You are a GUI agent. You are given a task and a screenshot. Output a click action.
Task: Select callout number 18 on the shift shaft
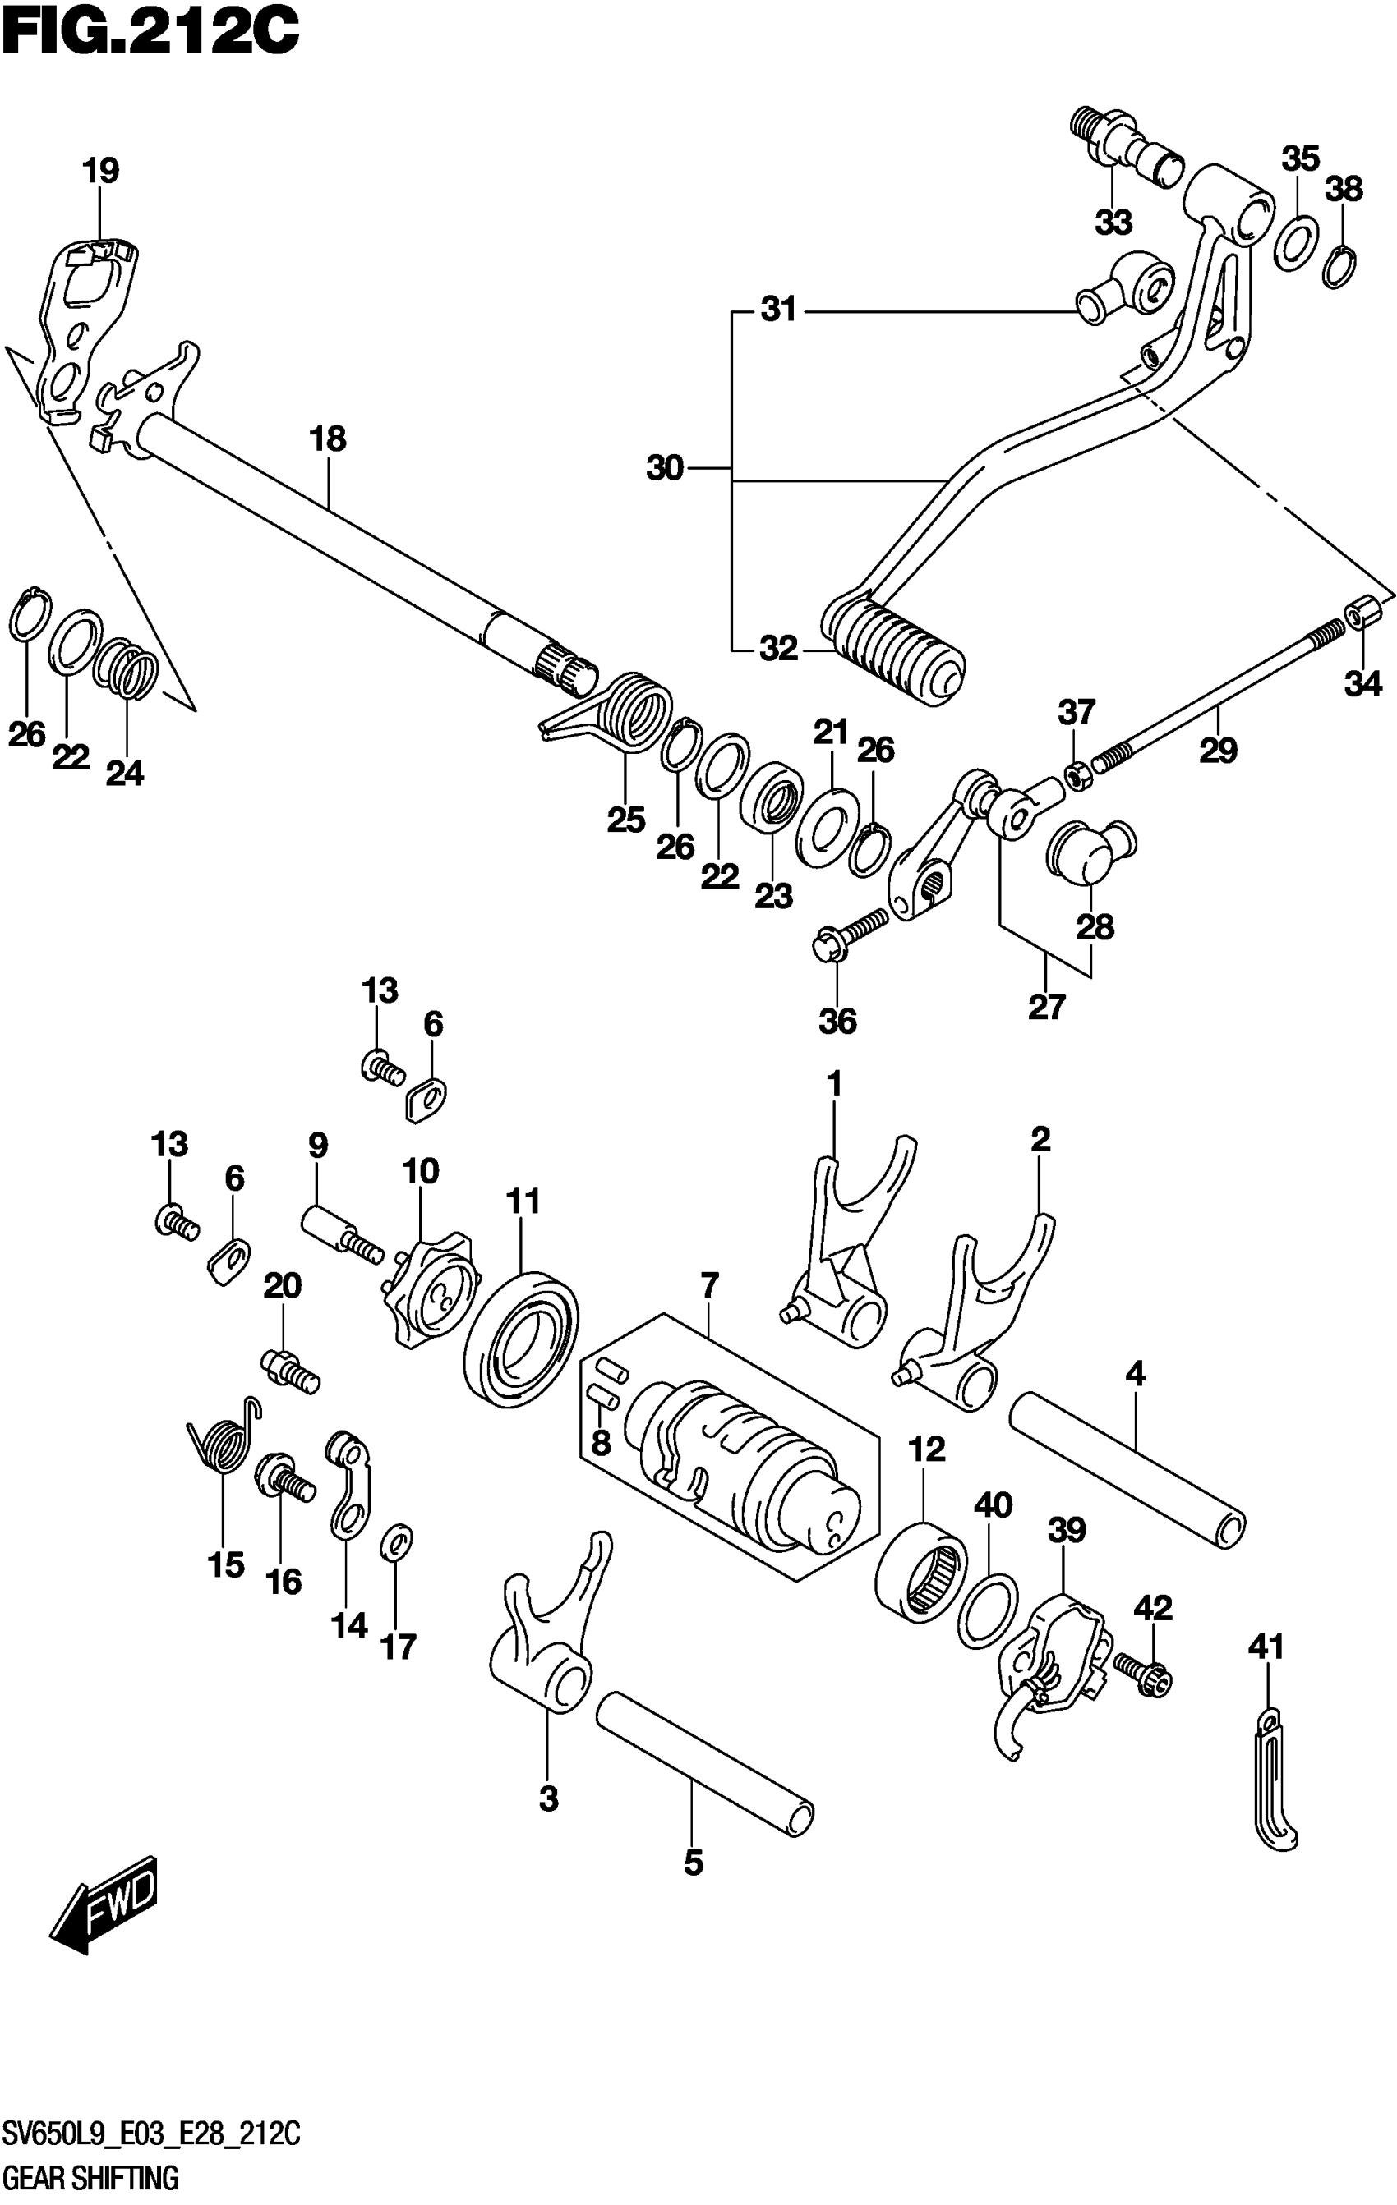pos(328,439)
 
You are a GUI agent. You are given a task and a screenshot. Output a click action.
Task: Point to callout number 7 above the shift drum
pos(710,1284)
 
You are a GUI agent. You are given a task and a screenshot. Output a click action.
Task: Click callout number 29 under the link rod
pos(1219,750)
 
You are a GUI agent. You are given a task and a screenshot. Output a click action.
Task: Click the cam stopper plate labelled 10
pos(431,1291)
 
